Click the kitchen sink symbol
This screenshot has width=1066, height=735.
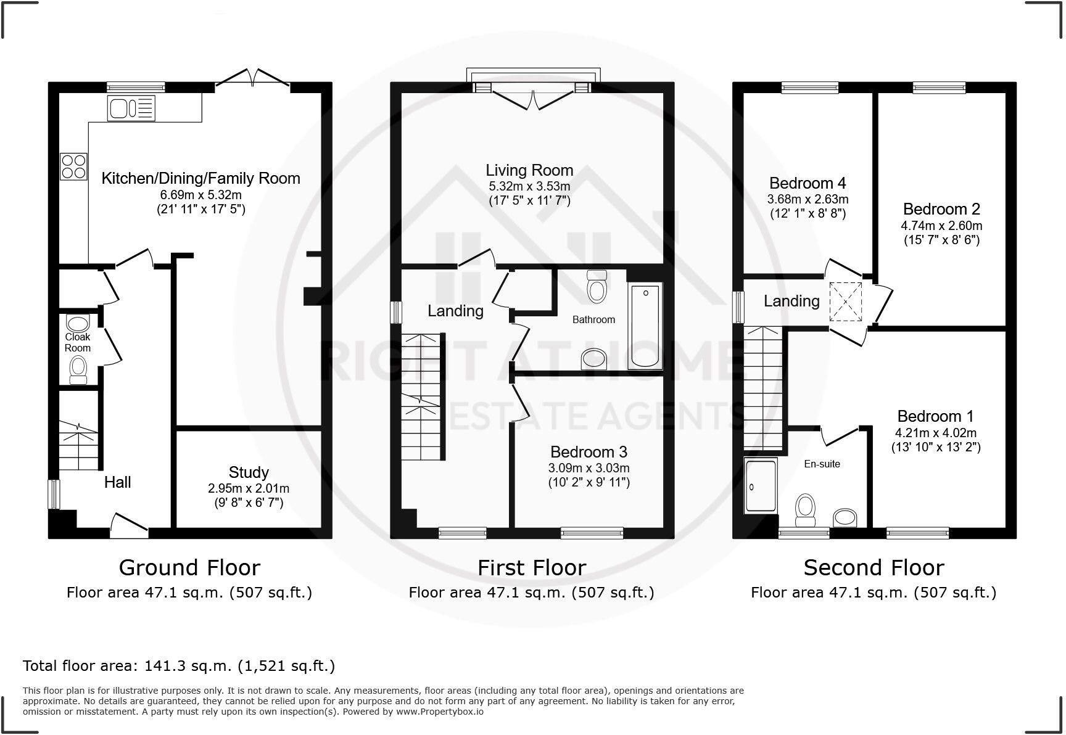click(131, 109)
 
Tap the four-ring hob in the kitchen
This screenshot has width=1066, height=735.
click(73, 166)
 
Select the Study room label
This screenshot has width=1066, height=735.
click(249, 472)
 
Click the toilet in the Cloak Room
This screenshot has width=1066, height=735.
click(78, 369)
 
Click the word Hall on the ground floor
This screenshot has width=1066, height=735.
click(117, 482)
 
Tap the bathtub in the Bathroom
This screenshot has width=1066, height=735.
click(645, 326)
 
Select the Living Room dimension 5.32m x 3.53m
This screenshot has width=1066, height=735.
click(529, 186)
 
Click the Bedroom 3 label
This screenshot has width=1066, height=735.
click(589, 452)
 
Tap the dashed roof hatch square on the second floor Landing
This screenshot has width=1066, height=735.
click(848, 302)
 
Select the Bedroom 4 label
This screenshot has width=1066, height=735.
click(807, 183)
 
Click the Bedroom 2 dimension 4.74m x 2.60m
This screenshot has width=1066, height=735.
click(941, 226)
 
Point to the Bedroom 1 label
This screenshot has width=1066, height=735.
click(935, 416)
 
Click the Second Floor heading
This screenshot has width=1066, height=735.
click(874, 567)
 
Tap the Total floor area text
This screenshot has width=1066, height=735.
click(179, 666)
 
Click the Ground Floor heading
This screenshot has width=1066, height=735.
click(189, 567)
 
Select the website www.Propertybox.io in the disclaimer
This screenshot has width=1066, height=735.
click(439, 712)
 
